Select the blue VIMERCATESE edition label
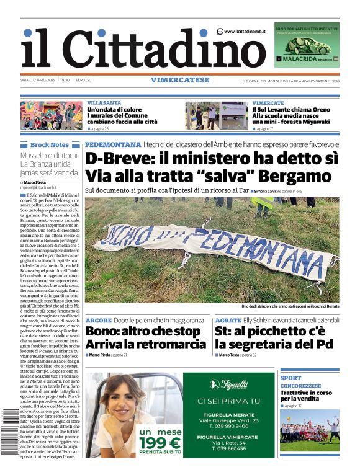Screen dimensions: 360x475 coord(179,80)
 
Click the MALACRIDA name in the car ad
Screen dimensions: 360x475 coord(300,60)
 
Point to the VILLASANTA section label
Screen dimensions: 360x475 coord(104,103)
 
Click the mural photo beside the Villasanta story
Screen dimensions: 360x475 coord(52,115)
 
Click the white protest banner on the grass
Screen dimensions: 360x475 coord(211,248)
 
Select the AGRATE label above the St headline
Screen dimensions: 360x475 coord(228,321)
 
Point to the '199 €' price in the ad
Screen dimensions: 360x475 coord(159,443)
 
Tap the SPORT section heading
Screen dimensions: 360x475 coord(290,378)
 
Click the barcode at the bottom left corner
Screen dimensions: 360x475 coord(10,440)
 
